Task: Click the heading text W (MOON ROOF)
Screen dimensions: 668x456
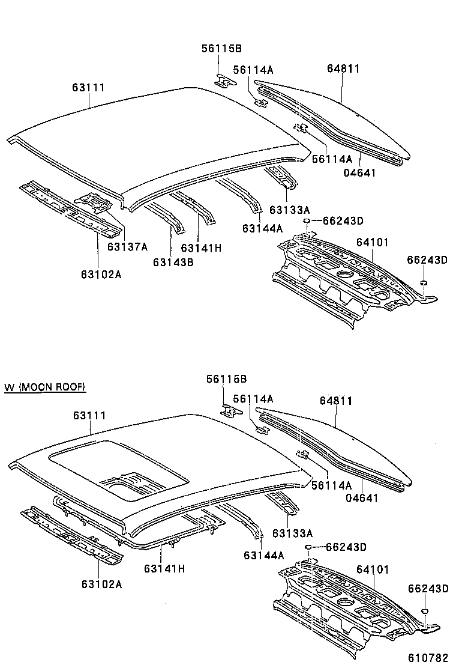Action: point(45,387)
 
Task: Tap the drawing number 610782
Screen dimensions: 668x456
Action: point(430,657)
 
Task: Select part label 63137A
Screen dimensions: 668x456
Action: point(128,246)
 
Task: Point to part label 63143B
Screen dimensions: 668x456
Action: point(173,262)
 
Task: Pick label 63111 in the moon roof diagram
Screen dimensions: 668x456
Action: point(89,416)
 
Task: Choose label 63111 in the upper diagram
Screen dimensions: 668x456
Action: point(88,88)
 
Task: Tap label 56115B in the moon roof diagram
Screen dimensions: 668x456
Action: point(226,379)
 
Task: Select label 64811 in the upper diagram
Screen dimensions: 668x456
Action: point(343,68)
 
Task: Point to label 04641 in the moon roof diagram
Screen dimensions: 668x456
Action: point(362,498)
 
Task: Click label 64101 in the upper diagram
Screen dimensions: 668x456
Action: point(373,242)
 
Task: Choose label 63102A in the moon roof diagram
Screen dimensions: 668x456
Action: point(101,583)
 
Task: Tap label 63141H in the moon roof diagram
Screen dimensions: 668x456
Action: point(164,568)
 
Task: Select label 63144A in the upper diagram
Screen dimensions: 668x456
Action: point(263,228)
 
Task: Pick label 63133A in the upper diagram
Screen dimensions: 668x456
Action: point(290,210)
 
